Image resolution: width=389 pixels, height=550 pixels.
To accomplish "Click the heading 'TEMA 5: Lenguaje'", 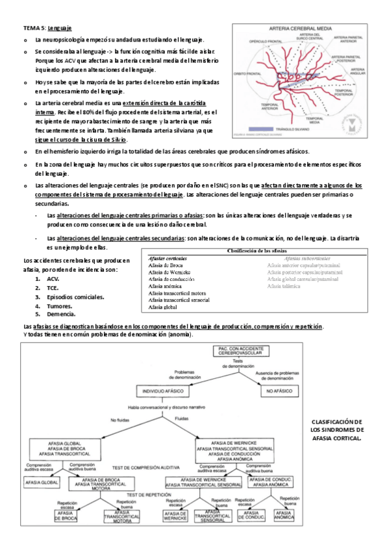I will pos(47,29).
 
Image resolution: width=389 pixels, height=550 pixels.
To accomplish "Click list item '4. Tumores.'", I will pos(56,305).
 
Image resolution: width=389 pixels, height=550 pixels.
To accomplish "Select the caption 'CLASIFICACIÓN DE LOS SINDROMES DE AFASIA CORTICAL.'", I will pos(337,429).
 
